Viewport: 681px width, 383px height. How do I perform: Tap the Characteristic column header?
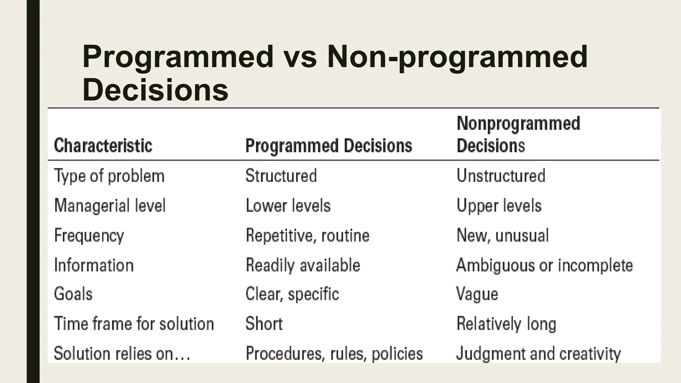coord(103,146)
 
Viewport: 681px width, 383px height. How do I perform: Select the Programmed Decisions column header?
coord(329,146)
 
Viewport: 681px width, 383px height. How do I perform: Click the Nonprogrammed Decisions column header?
coord(518,134)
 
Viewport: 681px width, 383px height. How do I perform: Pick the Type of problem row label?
coord(109,176)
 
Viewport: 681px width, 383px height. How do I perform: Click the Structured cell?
coord(281,176)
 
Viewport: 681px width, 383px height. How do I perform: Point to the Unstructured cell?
coord(501,176)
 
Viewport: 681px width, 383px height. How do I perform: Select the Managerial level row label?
coord(110,205)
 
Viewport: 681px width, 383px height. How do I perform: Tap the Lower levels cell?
coord(288,205)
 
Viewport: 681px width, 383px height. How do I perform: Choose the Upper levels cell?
coord(499,205)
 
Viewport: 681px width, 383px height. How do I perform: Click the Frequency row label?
coord(89,236)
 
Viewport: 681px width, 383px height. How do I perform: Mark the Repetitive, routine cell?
coord(308,235)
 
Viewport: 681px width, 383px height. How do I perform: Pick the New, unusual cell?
coord(502,235)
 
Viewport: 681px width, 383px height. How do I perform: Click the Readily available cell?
coord(303,265)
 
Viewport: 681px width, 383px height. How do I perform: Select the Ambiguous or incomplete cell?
coord(544,265)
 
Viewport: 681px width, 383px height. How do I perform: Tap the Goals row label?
coord(73,294)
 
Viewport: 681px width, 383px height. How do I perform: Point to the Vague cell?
coord(477,294)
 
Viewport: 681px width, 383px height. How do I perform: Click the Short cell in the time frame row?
coord(264,323)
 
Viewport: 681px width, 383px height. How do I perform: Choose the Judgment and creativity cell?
coord(538,353)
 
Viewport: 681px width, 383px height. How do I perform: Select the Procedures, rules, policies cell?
coord(334,353)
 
